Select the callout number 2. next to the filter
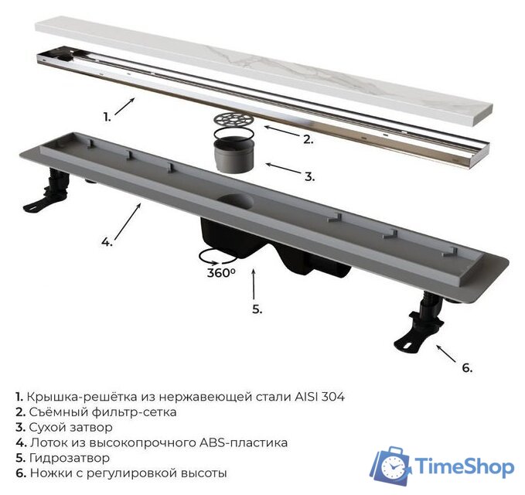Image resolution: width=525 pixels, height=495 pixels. pos(308,139)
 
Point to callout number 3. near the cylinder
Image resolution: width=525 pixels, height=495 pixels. pos(309,177)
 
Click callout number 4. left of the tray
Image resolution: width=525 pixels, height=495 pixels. pos(107,241)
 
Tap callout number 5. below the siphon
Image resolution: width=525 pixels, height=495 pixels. pos(257,309)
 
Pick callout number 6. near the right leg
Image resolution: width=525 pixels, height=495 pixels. pos(466,367)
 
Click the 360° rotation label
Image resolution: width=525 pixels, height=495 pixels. pos(221,273)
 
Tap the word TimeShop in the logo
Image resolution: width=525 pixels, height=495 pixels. pos(464,466)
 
